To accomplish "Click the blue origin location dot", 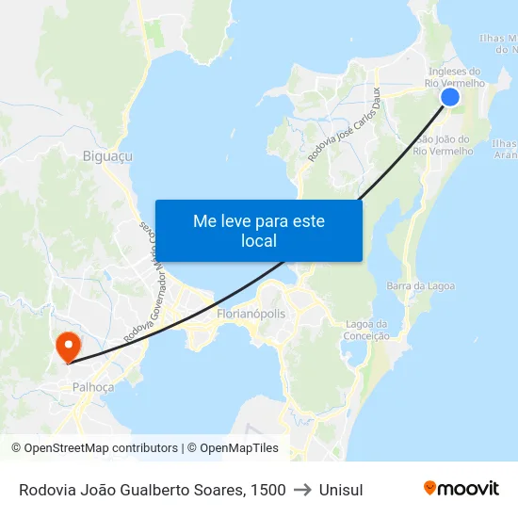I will click(x=450, y=97).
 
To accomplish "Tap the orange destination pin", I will click(x=68, y=347).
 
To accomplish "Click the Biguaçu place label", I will click(x=107, y=156).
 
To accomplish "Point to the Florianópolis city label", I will click(x=251, y=313).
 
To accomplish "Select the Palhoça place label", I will click(x=93, y=387).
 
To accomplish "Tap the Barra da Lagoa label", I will click(x=420, y=285).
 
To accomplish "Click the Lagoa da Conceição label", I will click(x=367, y=330).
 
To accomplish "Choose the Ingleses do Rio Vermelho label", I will click(x=456, y=77).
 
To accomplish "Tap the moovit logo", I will click(x=461, y=488).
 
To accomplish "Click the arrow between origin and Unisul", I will click(x=302, y=490).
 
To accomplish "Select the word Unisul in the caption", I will click(x=341, y=490).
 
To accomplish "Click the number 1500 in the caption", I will click(x=268, y=490).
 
